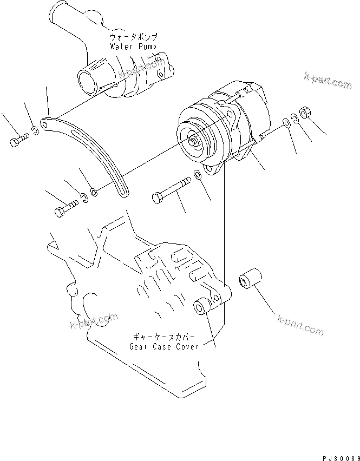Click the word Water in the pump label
(121, 47)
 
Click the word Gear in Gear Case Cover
(139, 346)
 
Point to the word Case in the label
(163, 346)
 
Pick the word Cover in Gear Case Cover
(187, 346)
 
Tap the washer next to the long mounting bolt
(197, 176)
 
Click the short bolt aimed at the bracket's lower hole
(63, 210)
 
